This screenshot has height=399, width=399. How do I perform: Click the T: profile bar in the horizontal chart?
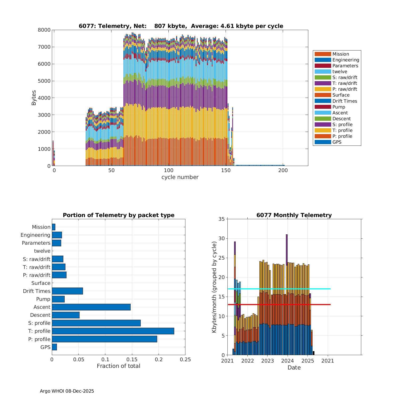pos(113,331)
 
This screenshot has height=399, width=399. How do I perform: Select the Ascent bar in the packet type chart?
pos(91,307)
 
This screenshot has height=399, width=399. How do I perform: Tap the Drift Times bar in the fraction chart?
pos(67,291)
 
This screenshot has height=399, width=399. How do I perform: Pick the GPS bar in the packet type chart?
pos(54,347)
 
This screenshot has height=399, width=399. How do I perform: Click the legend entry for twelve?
pos(340,72)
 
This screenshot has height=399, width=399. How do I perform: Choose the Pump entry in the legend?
pos(339,107)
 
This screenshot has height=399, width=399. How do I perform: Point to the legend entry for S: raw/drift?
pos(345,77)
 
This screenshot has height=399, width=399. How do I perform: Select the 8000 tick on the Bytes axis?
pos(44,30)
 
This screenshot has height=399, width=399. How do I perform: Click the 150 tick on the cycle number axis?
pos(226,171)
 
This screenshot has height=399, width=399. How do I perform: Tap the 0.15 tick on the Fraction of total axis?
pos(132,360)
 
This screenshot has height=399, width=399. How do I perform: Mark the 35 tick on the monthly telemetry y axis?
pos(222,219)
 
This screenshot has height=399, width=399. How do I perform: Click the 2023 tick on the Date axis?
pos(268,361)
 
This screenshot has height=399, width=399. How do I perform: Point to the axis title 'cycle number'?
pos(180,177)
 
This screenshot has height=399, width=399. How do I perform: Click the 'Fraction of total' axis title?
pos(118,366)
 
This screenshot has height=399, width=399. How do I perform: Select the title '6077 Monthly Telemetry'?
pos(294,215)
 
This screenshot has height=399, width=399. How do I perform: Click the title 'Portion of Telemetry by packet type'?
pos(119,215)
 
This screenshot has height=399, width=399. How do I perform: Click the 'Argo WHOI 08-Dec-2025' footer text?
pos(67,391)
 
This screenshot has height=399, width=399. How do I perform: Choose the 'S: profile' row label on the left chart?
pos(39,323)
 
